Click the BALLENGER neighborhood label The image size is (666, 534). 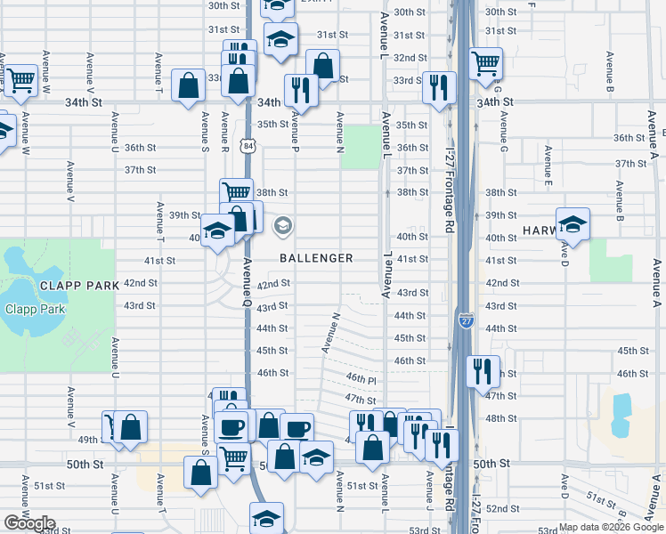point(316,258)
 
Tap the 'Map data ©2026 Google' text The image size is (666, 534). point(611,527)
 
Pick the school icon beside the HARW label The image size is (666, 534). point(573,224)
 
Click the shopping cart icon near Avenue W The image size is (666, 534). point(21,79)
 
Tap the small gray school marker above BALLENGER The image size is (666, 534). point(283,225)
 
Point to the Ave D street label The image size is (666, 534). point(564,250)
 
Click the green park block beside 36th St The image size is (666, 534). point(360,146)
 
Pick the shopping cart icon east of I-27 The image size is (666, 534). point(486,62)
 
